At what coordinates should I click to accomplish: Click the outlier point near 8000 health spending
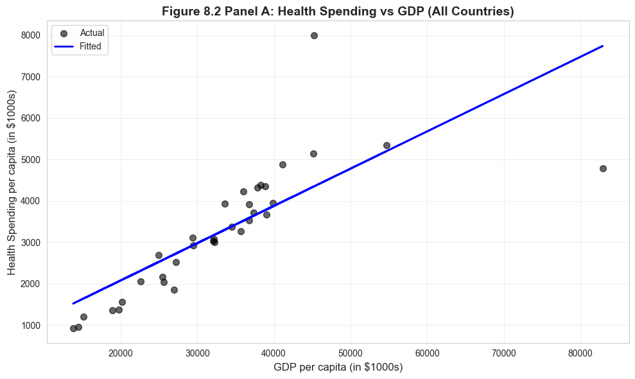pyautogui.click(x=314, y=35)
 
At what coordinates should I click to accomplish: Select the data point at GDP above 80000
pyautogui.click(x=603, y=168)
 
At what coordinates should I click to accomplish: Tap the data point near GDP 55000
pyautogui.click(x=387, y=145)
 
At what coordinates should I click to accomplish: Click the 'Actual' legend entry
pyautogui.click(x=92, y=33)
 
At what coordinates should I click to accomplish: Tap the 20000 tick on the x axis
pyautogui.click(x=121, y=353)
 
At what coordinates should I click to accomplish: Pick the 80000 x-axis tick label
pyautogui.click(x=580, y=353)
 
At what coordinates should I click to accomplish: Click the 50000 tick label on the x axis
pyautogui.click(x=351, y=353)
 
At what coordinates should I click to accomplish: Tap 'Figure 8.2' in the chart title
pyautogui.click(x=191, y=12)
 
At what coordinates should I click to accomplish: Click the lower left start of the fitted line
pyautogui.click(x=73, y=303)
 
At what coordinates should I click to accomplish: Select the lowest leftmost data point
pyautogui.click(x=73, y=328)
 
